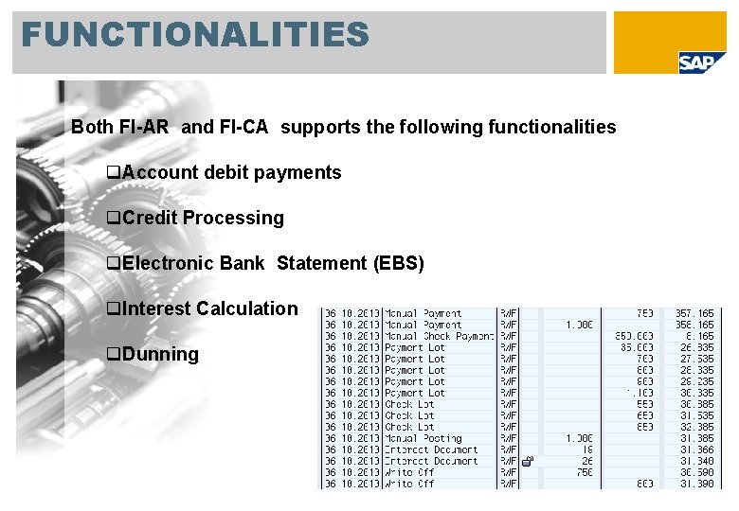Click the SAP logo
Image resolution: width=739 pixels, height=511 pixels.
point(703,62)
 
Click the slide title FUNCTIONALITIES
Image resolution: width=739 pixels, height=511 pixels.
point(194,35)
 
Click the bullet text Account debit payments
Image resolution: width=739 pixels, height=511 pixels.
point(231,172)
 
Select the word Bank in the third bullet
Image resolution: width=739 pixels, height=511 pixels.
point(242,263)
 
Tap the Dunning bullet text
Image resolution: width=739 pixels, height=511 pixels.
point(160,354)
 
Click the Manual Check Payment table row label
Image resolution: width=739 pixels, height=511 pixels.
point(439,336)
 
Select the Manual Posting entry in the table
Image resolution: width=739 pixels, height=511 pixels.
point(423,438)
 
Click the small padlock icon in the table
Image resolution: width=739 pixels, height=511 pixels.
point(529,462)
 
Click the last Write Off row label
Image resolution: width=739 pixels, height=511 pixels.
point(409,484)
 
